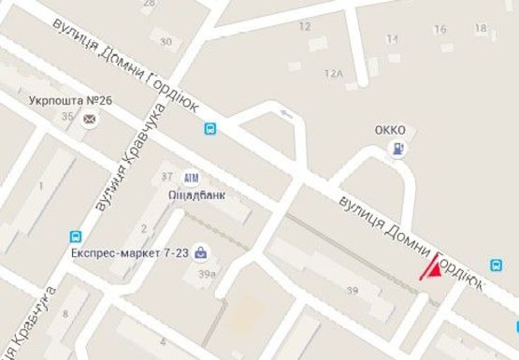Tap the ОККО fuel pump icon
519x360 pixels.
[400, 149]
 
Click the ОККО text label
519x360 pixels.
[389, 129]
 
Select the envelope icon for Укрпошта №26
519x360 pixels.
[90, 119]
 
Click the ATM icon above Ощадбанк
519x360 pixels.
[192, 178]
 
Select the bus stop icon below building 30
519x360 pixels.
[211, 130]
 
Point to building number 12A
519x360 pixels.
[333, 73]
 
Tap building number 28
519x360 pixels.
[148, 4]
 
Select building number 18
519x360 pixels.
[481, 28]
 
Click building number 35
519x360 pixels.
[65, 116]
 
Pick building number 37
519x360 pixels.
[167, 175]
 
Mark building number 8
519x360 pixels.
[65, 314]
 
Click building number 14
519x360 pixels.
[392, 39]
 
